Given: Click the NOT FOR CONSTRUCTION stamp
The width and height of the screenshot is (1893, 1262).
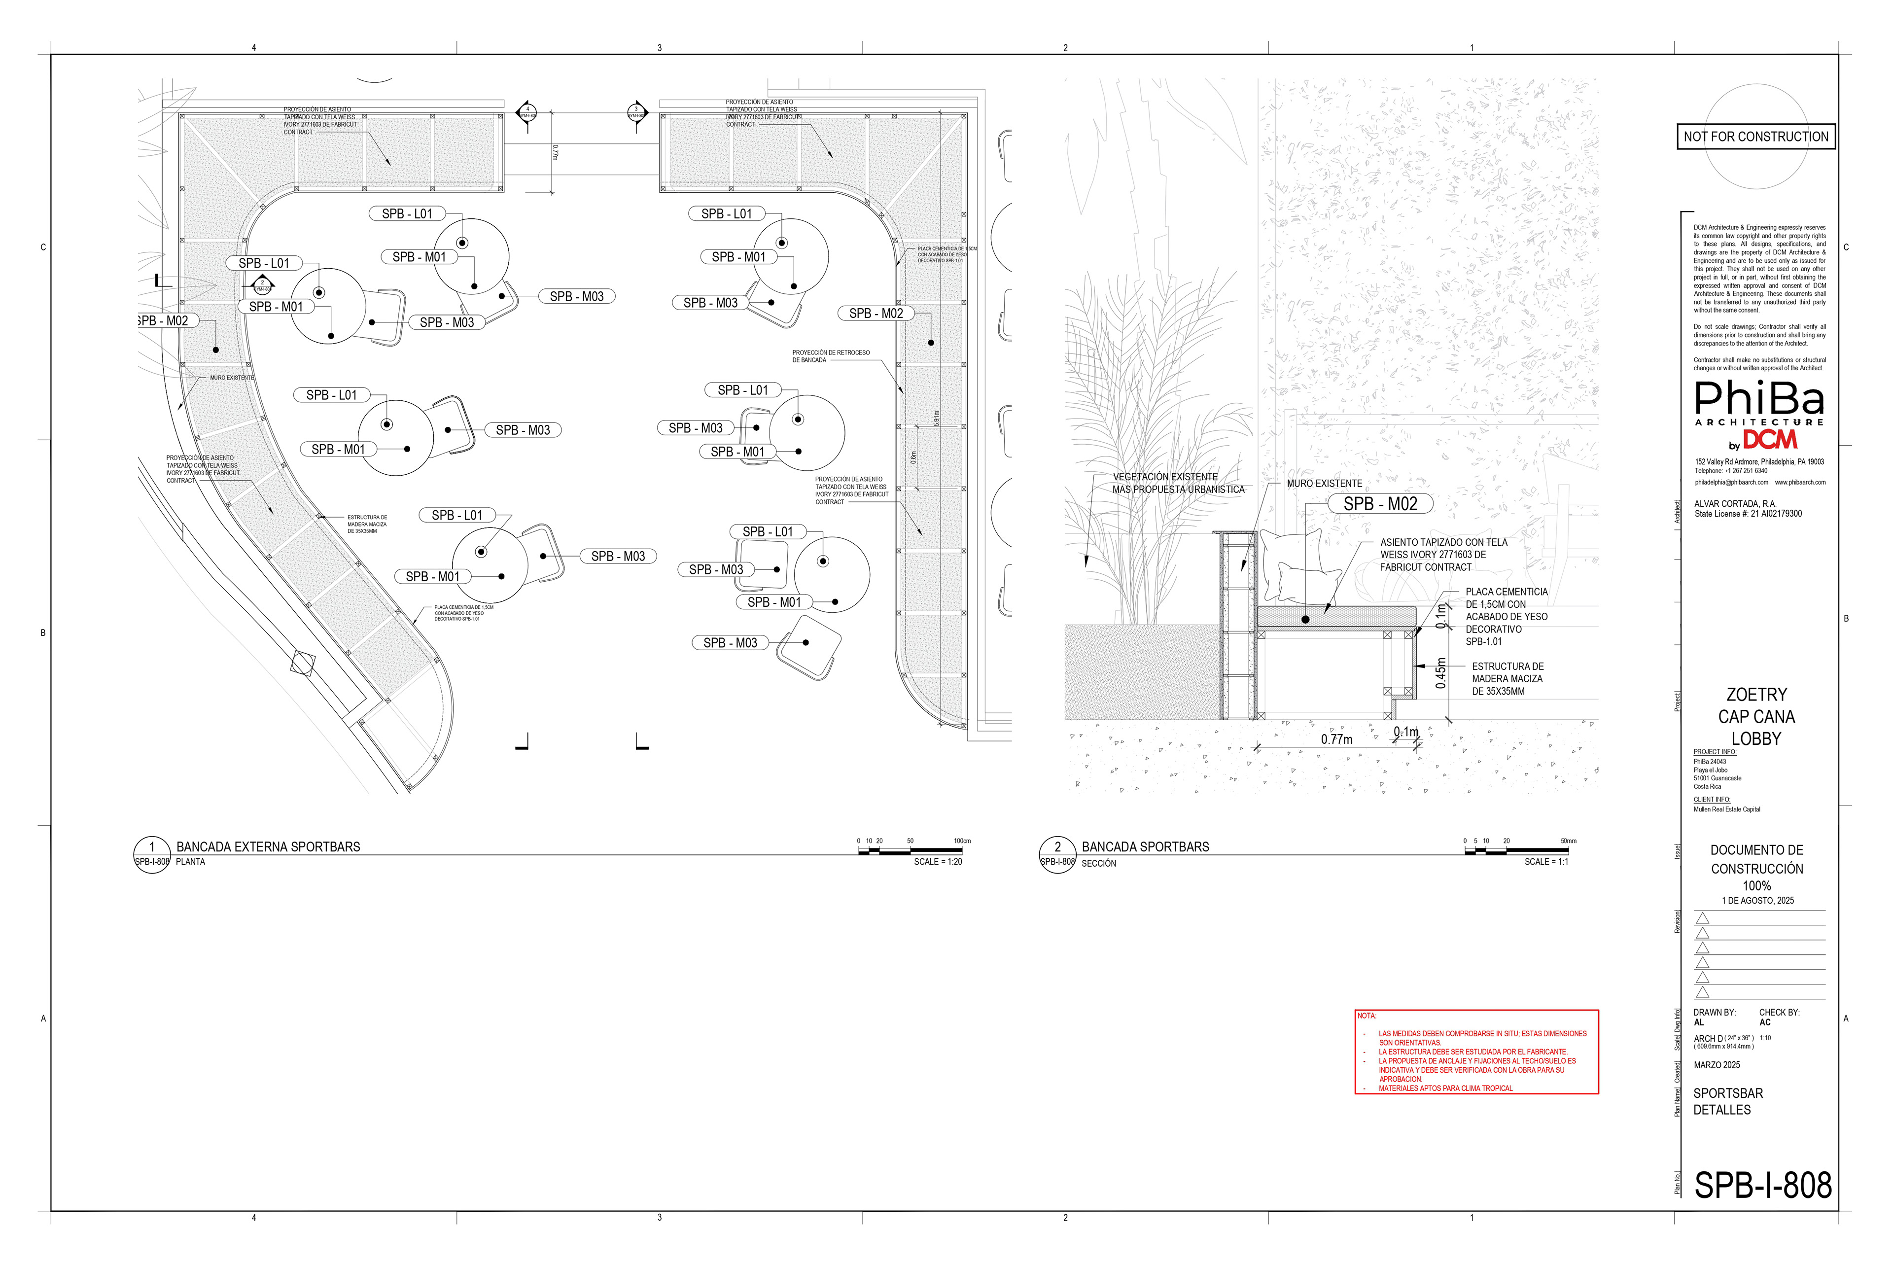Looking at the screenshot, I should pos(1755,137).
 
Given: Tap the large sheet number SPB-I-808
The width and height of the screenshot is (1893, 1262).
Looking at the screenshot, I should pos(1763,1186).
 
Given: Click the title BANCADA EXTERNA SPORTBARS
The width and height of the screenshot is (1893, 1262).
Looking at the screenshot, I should pos(268,847).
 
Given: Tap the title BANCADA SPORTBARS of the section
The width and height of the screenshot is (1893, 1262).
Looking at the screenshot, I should pos(1145,847).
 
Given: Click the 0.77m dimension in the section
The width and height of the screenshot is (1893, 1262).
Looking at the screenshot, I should pos(1336,739).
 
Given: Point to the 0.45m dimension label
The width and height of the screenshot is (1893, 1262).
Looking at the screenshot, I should pos(1440,673).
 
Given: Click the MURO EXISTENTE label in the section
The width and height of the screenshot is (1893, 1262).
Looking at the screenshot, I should pos(1324,484).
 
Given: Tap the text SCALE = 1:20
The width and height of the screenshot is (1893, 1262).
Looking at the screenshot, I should pos(938,862).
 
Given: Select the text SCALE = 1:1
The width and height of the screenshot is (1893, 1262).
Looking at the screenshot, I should pos(1545,862).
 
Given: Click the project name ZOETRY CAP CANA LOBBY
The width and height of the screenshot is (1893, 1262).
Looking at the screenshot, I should pos(1756,716).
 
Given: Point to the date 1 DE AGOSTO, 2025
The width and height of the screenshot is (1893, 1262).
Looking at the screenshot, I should pos(1758,901).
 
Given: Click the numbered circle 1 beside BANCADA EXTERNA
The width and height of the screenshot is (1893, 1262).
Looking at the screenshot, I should pos(151,847).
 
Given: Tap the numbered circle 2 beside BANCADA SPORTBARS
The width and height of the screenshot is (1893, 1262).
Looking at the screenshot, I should pos(1057,847).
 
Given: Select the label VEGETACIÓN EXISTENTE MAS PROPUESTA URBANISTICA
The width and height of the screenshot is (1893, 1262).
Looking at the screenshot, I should pos(1178,483).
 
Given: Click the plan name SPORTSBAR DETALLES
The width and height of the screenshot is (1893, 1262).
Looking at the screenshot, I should pos(1727,1101).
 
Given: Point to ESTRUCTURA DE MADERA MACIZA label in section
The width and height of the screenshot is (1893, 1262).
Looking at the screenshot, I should pos(1507,678).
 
